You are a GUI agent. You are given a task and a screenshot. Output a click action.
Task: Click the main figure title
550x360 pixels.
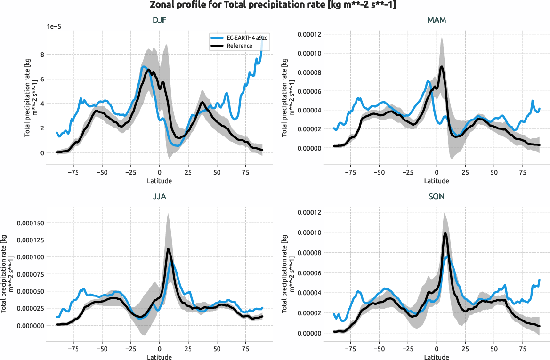point(275,5)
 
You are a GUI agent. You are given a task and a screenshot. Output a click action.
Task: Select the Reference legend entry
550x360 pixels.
point(239,46)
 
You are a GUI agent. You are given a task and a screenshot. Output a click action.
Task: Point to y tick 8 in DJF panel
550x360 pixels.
point(42,55)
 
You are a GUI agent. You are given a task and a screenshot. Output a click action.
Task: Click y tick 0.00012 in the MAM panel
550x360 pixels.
point(307,34)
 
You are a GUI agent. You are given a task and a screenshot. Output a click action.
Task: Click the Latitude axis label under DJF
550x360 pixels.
point(159,181)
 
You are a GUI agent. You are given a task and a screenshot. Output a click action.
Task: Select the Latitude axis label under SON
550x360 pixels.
point(437,357)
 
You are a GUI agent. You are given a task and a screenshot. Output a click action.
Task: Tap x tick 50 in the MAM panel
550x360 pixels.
point(494,173)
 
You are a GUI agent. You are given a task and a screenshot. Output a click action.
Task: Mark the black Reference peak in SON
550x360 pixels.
point(445,232)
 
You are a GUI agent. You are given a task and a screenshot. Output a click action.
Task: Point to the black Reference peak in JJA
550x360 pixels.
point(168,248)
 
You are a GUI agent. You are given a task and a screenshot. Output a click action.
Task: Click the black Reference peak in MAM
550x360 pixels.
point(442,67)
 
